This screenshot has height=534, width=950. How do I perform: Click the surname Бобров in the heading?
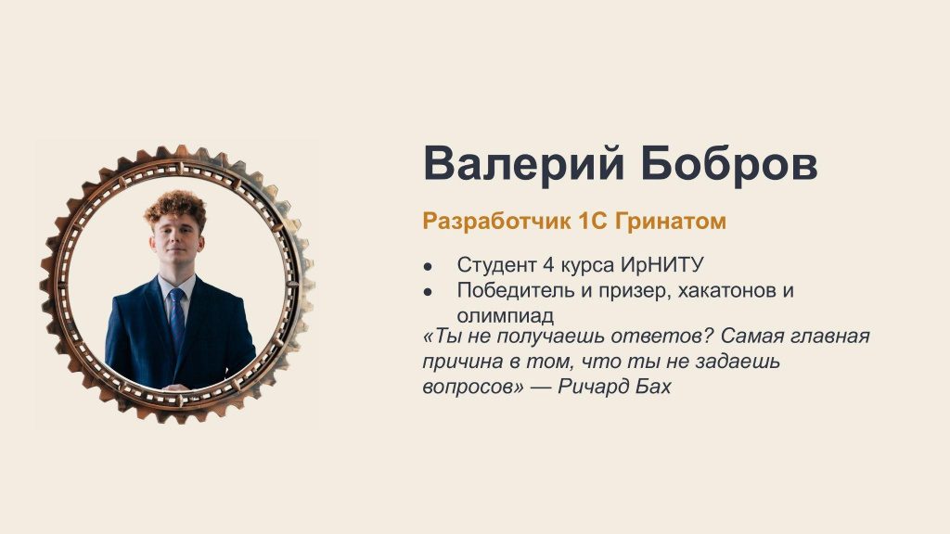(729, 163)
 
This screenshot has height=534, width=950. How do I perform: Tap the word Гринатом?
(671, 222)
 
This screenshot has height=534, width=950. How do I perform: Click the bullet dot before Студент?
(428, 266)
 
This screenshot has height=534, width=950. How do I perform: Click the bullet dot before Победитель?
(428, 291)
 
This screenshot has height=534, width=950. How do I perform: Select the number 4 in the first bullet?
(549, 264)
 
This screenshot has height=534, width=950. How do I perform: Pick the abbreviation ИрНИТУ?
(661, 265)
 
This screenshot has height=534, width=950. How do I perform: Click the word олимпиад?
(506, 316)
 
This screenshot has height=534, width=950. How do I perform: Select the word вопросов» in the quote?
(473, 387)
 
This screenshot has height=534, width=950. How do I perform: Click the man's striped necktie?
(176, 319)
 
